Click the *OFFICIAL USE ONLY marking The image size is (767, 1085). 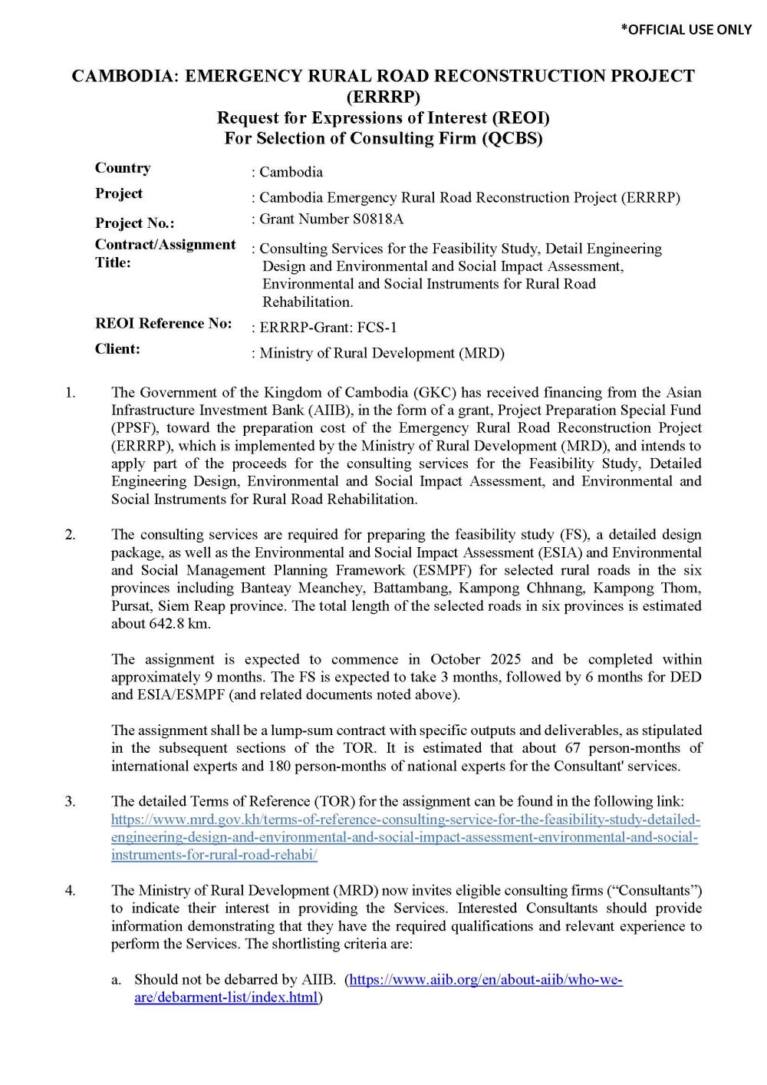686,29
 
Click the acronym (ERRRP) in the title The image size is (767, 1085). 383,97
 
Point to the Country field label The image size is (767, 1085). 123,168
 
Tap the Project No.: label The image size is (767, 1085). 134,223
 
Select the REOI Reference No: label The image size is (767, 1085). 163,323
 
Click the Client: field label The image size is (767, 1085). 117,348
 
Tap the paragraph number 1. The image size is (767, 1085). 70,393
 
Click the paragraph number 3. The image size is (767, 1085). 70,801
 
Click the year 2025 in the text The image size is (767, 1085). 505,659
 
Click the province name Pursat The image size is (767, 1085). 130,605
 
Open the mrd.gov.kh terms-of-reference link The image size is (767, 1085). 405,837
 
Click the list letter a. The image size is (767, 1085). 116,980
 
